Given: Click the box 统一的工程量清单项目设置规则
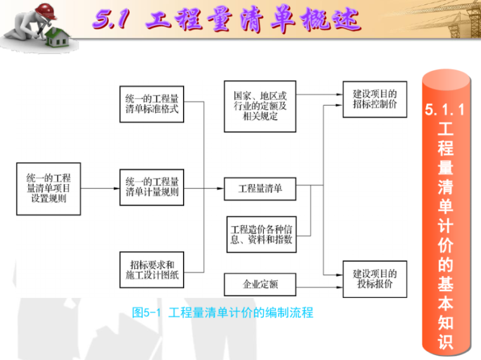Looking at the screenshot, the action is (x=49, y=189).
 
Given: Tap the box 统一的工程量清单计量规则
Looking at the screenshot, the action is (x=152, y=187).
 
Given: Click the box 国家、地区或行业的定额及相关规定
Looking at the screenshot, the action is (x=260, y=105).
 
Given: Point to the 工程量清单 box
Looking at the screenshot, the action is (x=260, y=188).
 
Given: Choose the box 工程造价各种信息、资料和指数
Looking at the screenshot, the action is (x=260, y=235).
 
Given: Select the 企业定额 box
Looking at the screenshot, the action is (x=260, y=283).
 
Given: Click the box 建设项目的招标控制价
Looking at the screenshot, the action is (x=375, y=99).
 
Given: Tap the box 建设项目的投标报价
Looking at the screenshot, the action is (x=375, y=278).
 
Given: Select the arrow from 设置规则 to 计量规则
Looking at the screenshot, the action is (x=100, y=189).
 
